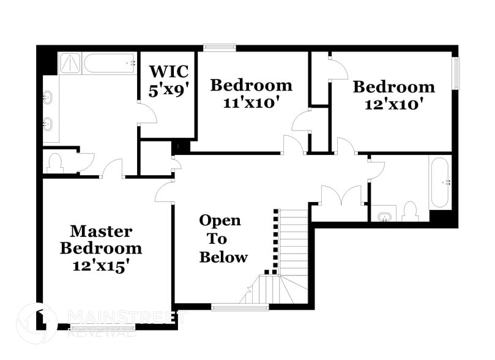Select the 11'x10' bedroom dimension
point(251,102)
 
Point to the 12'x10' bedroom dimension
point(393,104)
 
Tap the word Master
point(100,231)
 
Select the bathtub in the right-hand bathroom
point(440,182)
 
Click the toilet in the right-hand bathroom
point(411,212)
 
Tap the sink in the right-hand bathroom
point(384,216)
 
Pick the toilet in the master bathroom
point(54,163)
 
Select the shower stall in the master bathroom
point(70,63)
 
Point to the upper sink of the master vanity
point(48,97)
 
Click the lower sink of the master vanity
point(48,125)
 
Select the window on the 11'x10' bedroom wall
point(220,47)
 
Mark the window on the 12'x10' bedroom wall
point(455,73)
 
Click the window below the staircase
point(240,307)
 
